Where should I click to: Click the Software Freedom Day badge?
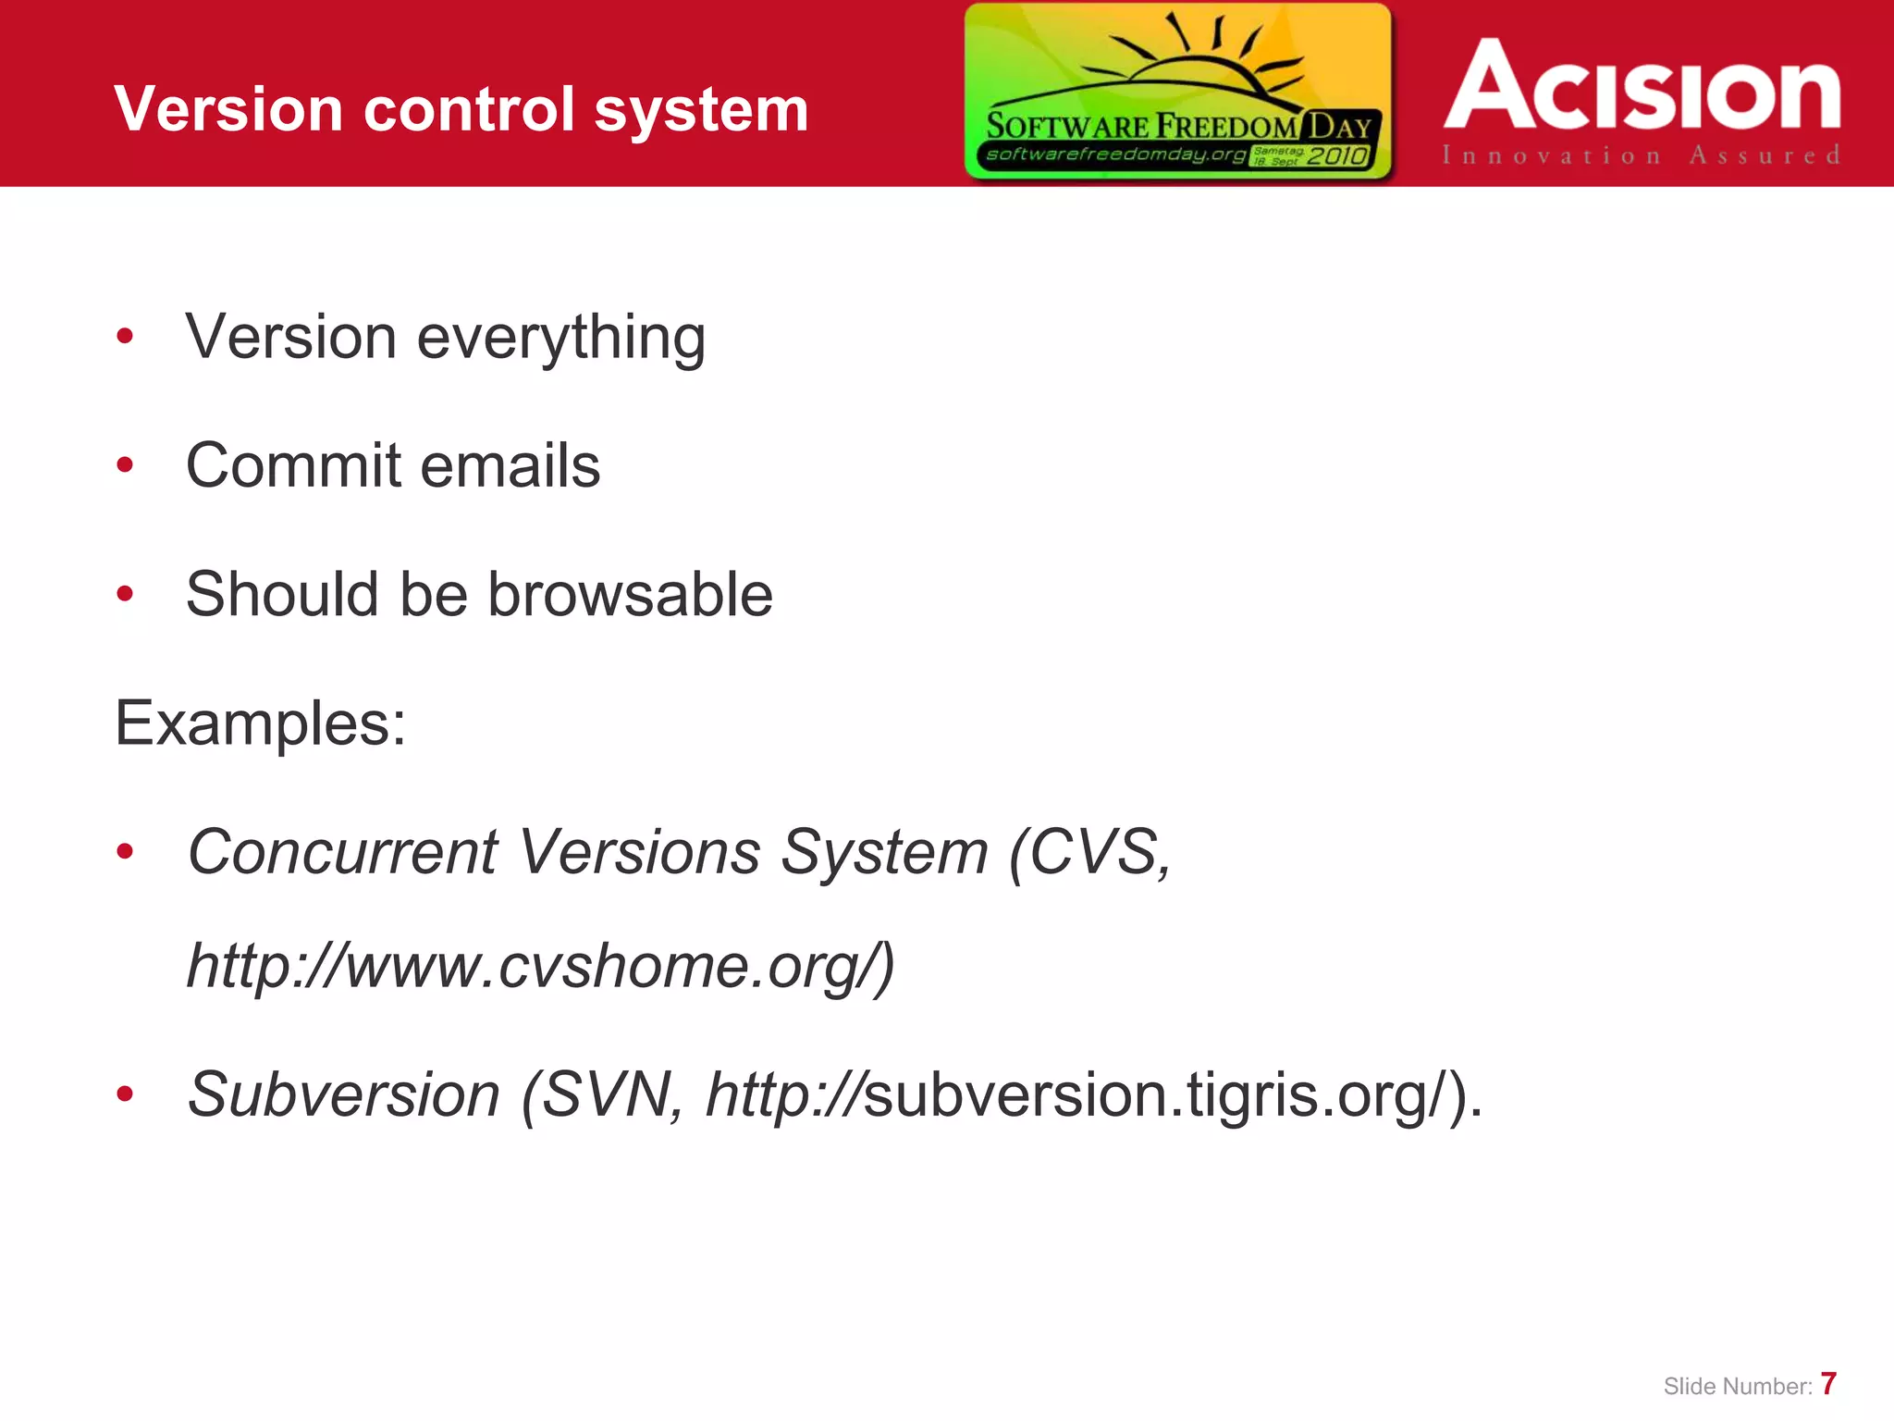tap(1177, 91)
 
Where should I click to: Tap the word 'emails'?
tap(511, 464)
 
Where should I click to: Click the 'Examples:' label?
tap(260, 723)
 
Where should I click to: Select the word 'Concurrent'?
tap(342, 851)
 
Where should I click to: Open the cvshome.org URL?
tap(541, 966)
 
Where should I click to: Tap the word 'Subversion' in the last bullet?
tap(343, 1094)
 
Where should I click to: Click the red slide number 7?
tap(1827, 1384)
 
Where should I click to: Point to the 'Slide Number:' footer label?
tap(1737, 1386)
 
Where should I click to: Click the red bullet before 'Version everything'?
tap(125, 337)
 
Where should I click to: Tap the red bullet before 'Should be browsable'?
tap(125, 594)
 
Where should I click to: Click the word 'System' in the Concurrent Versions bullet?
tap(884, 851)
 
